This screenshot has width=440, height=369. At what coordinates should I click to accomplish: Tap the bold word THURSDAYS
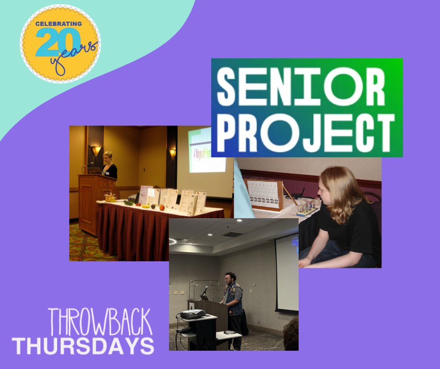(83, 346)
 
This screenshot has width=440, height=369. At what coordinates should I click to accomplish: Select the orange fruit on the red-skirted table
(161, 207)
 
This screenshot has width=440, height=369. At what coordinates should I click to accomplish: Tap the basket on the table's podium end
(111, 198)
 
